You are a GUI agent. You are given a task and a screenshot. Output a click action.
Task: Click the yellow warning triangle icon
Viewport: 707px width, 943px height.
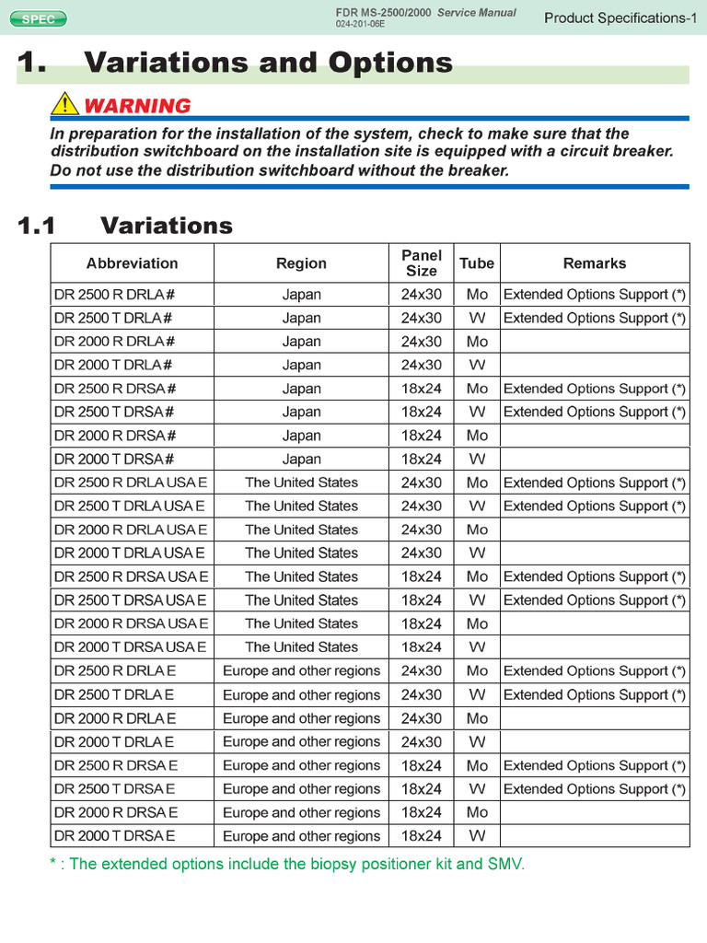click(x=64, y=104)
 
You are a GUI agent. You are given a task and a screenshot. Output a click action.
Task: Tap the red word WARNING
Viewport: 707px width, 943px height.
click(x=137, y=105)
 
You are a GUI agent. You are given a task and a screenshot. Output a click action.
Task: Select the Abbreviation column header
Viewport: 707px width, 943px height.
click(x=132, y=263)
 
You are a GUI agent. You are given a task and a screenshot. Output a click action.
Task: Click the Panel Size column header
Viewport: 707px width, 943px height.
click(x=422, y=263)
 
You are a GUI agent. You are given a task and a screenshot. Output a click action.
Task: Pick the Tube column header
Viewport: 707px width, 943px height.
click(x=477, y=263)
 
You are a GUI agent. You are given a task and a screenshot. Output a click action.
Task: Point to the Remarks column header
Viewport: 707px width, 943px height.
click(x=594, y=263)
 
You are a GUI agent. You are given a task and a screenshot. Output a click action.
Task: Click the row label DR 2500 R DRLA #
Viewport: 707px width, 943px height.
click(x=114, y=295)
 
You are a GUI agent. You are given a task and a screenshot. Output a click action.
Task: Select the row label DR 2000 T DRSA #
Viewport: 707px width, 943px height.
click(x=114, y=459)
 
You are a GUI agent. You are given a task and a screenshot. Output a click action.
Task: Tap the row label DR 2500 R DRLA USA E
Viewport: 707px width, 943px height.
click(x=130, y=483)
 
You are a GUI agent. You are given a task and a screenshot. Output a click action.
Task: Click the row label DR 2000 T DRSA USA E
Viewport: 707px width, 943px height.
click(x=130, y=646)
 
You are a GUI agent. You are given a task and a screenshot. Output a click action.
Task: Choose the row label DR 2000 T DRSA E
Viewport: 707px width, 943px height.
click(x=114, y=835)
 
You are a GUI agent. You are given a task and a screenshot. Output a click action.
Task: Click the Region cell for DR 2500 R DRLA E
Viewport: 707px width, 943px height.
click(x=301, y=670)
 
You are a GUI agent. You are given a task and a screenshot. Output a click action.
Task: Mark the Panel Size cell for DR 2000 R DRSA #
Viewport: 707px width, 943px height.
click(x=422, y=436)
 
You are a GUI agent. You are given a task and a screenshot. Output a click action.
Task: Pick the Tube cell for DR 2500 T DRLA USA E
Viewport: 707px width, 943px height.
click(x=477, y=506)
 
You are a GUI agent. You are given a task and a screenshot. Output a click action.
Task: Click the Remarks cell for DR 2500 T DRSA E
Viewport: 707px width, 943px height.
click(x=594, y=788)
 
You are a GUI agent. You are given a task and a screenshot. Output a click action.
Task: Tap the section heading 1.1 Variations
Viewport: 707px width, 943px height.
click(x=126, y=226)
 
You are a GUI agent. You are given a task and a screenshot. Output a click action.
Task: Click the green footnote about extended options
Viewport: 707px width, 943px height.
click(x=287, y=864)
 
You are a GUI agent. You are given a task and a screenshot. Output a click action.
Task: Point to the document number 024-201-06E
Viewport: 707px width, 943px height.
click(x=361, y=24)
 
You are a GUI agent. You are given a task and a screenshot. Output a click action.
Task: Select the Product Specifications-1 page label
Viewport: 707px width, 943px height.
click(x=620, y=17)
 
